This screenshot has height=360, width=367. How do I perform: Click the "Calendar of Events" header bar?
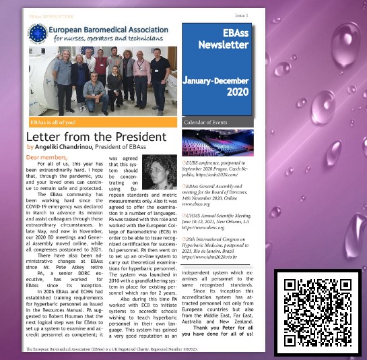click(x=218, y=123)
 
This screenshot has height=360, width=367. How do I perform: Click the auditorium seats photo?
click(x=218, y=144)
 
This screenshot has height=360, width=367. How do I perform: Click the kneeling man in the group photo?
click(x=94, y=92)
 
